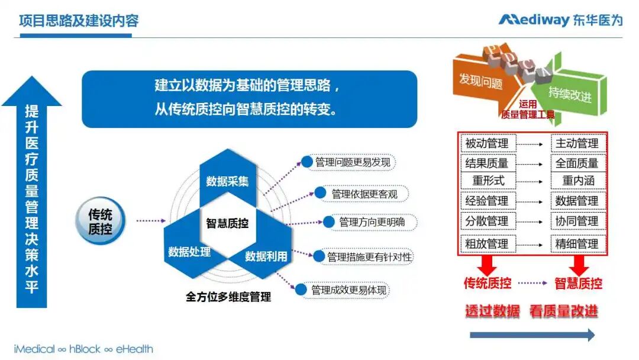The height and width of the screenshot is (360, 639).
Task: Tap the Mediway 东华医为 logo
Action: point(560,20)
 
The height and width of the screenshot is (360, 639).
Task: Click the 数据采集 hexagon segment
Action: point(227,181)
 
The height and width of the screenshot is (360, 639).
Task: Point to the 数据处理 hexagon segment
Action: point(189,252)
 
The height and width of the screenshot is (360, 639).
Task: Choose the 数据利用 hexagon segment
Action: point(266,256)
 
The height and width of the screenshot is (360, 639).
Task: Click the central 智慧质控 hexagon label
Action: point(227,223)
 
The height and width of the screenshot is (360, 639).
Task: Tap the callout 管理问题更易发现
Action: point(354,162)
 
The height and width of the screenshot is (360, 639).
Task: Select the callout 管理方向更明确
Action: point(372,222)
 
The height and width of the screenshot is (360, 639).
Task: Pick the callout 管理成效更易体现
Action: point(348,290)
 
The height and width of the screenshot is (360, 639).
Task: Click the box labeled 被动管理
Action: point(487,143)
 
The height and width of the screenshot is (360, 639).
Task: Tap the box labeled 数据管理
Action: point(576,201)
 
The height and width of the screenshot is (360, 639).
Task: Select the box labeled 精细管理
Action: point(576,243)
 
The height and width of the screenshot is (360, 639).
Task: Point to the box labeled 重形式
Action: point(488,181)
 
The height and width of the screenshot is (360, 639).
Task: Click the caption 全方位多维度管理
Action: point(228,297)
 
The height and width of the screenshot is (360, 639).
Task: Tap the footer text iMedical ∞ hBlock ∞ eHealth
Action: point(83,349)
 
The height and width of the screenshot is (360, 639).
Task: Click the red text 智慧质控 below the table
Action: point(578,283)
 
